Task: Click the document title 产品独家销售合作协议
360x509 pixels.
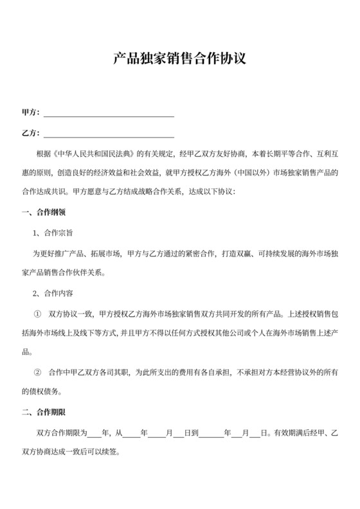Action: click(179, 60)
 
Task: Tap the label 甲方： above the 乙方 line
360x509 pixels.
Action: click(31, 112)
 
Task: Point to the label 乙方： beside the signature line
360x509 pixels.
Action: click(31, 134)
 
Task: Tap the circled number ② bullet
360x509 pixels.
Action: click(37, 373)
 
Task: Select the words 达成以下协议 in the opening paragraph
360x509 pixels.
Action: click(212, 192)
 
